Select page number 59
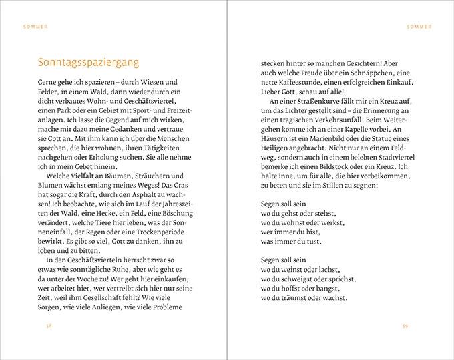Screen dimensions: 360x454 (405, 326)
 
